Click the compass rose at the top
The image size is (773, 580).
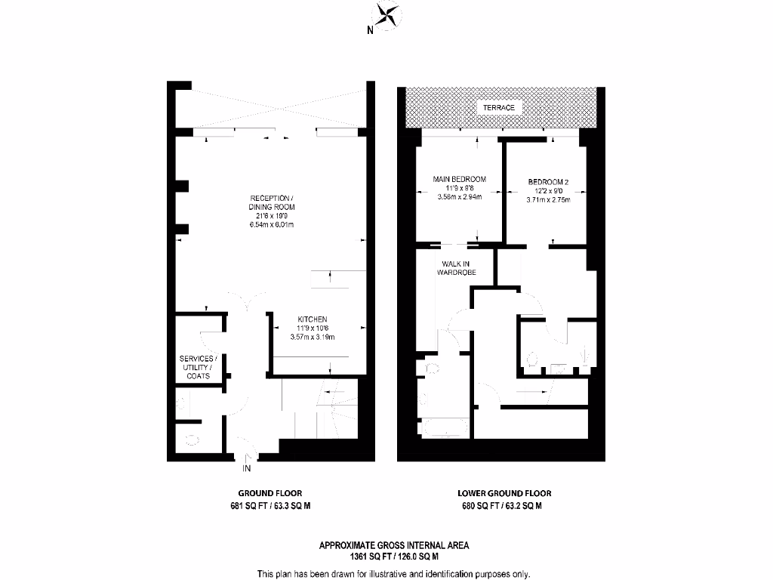click(387, 17)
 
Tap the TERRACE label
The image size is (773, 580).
click(499, 108)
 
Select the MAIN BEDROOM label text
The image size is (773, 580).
click(459, 179)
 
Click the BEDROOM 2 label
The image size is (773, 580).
click(548, 182)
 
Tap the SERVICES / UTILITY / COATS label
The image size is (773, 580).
click(199, 366)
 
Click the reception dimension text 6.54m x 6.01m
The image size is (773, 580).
click(272, 225)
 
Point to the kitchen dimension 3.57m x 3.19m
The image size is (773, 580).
click(316, 337)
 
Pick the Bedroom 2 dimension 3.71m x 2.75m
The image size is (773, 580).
click(548, 200)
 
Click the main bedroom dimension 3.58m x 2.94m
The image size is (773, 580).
click(459, 197)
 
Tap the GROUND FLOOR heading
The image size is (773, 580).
click(270, 493)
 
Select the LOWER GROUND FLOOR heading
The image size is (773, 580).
click(501, 493)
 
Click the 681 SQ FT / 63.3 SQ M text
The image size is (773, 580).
click(270, 507)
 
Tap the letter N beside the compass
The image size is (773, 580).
click(370, 31)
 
